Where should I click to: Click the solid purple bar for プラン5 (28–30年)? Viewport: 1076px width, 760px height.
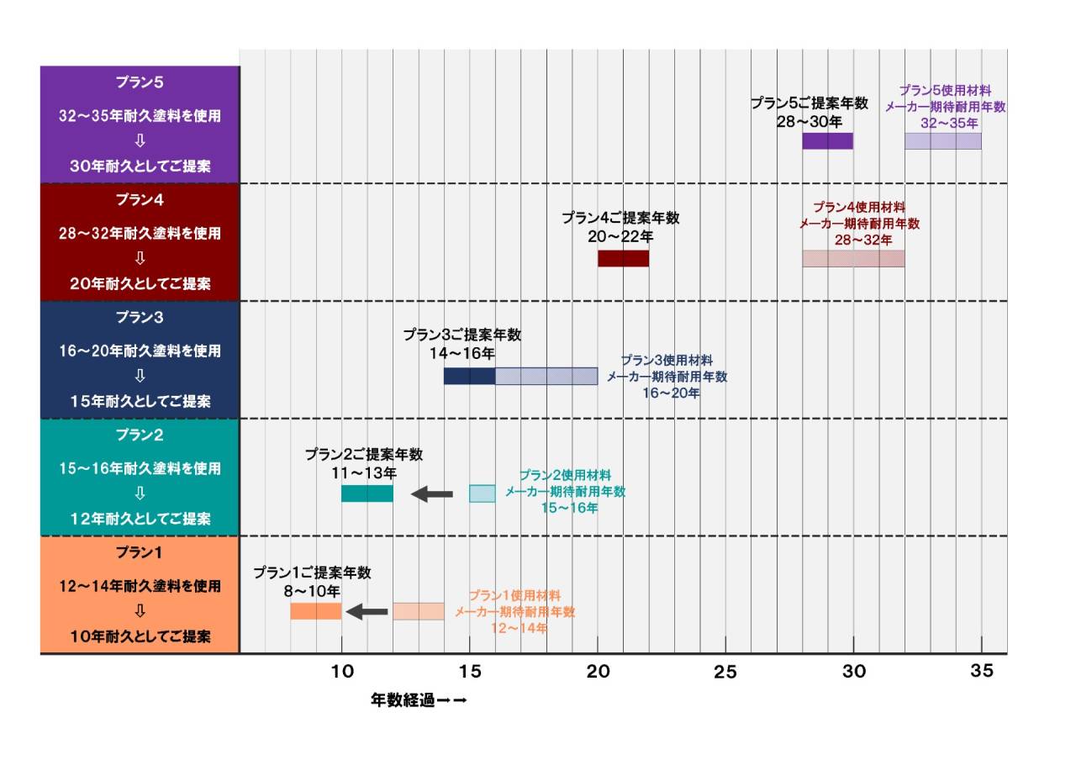tap(827, 141)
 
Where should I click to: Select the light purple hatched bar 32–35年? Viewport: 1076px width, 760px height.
tap(942, 141)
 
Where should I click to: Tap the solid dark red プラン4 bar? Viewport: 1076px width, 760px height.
tap(623, 259)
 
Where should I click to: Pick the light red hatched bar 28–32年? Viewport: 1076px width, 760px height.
tap(853, 259)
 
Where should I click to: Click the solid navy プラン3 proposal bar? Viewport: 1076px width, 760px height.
tap(469, 376)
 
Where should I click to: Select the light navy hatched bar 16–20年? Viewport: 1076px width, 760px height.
tap(546, 376)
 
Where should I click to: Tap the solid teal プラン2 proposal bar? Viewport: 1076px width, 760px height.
tap(367, 493)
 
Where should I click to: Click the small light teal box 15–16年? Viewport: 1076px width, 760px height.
tap(482, 493)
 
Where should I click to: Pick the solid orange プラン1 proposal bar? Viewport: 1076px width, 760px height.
tap(315, 611)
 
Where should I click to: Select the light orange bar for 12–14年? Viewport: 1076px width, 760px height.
tap(418, 611)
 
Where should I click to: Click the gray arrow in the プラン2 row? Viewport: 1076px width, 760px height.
tap(431, 493)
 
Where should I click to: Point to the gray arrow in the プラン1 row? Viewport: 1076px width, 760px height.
tap(367, 611)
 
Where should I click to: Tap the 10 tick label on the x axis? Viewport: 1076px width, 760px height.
tap(341, 671)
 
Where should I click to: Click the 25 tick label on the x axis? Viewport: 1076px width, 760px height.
tap(725, 671)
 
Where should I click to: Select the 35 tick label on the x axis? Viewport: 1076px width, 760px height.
tap(982, 671)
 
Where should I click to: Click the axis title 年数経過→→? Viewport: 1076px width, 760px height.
tap(418, 699)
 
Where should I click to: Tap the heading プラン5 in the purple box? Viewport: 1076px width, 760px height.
tap(140, 82)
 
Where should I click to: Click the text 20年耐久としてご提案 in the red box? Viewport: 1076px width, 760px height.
tap(140, 284)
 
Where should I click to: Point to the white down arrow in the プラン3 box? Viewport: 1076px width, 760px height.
tap(140, 376)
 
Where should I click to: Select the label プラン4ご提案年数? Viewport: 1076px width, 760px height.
tap(620, 218)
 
